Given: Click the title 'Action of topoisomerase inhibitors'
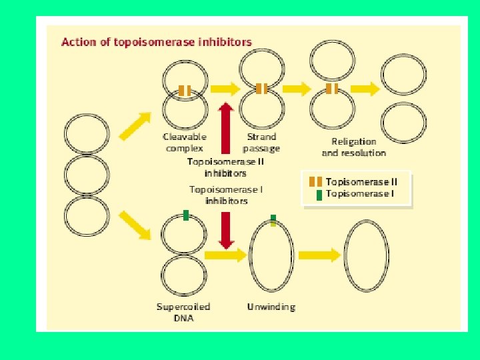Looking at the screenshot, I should (x=157, y=42).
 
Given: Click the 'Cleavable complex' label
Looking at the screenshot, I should (x=185, y=142).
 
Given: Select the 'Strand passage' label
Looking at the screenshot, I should (x=261, y=142).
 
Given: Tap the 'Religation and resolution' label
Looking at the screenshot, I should (x=353, y=147).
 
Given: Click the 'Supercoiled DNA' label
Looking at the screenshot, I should (x=183, y=312).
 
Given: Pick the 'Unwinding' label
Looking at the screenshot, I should (x=271, y=307).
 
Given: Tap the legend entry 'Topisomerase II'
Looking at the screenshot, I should (x=361, y=181).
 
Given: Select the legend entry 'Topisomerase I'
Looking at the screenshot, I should (x=359, y=193).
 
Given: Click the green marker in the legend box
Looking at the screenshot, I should (x=319, y=194).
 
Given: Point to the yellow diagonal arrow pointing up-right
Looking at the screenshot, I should (x=134, y=126).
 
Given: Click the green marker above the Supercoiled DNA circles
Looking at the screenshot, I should (x=186, y=215).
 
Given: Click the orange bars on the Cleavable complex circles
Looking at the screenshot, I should (x=185, y=91).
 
